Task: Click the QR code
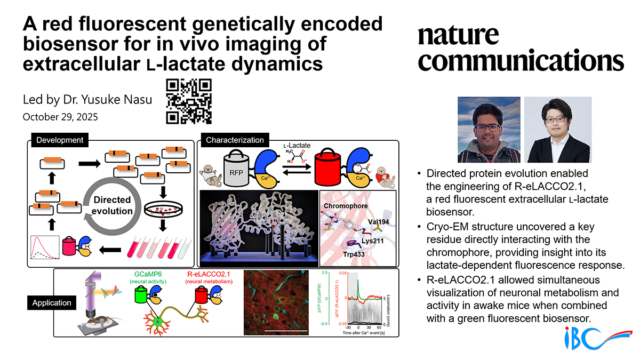click(x=189, y=101)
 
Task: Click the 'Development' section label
click(x=60, y=140)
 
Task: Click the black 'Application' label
click(x=52, y=303)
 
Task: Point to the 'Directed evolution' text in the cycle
click(x=113, y=205)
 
